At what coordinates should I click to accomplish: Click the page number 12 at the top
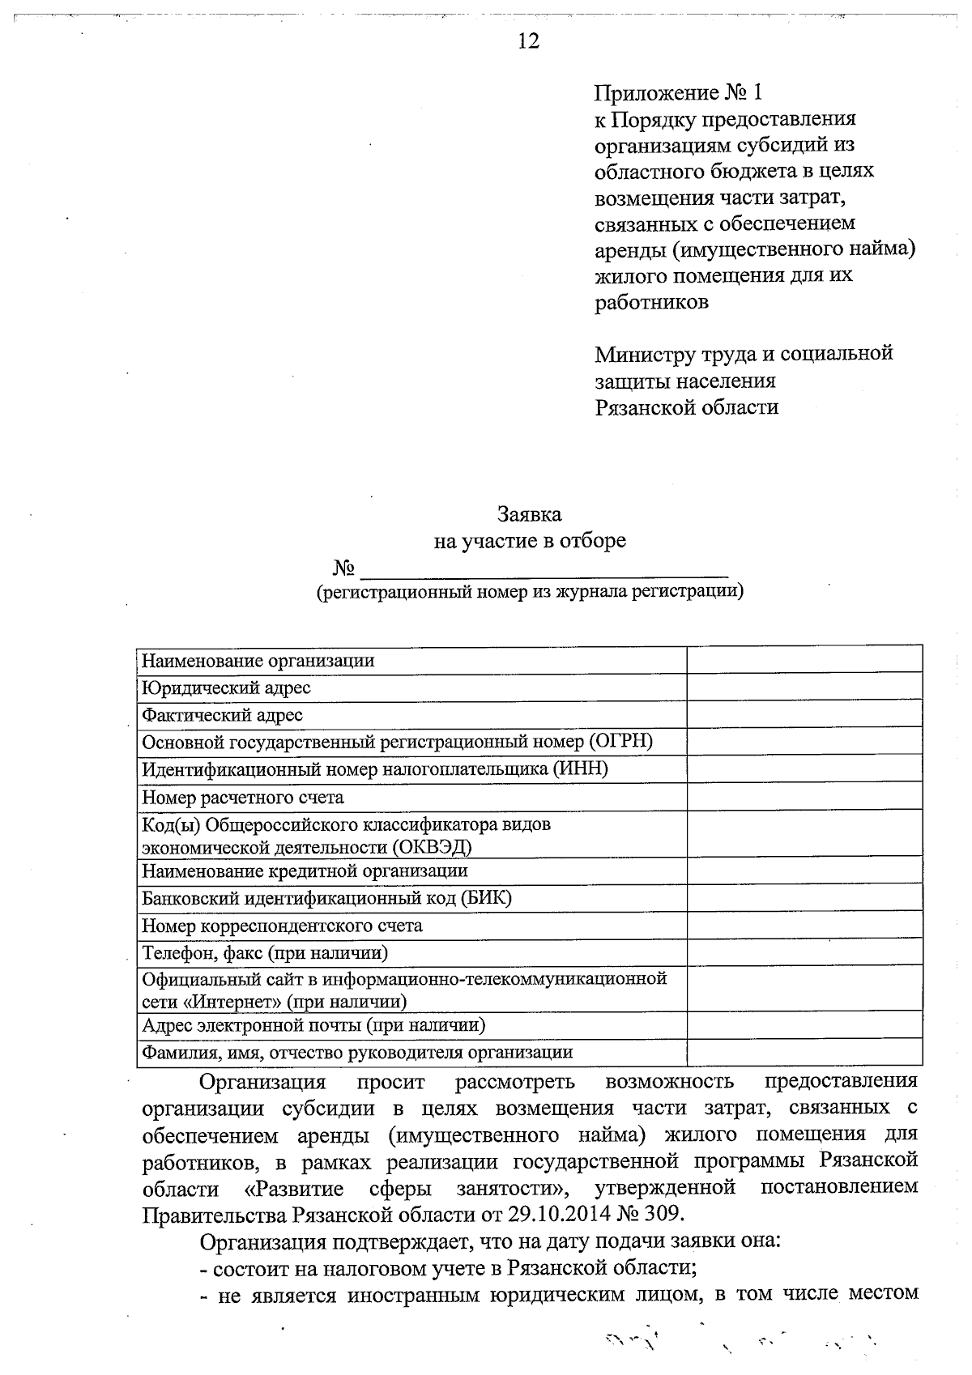click(x=528, y=41)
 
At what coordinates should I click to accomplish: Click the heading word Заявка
click(x=529, y=514)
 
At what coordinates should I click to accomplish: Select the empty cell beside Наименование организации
click(x=804, y=660)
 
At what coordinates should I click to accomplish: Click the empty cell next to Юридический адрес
click(x=804, y=687)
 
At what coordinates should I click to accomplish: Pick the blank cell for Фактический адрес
click(x=804, y=715)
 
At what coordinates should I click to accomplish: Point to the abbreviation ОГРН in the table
click(x=620, y=742)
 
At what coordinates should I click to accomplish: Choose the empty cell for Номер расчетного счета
click(x=804, y=797)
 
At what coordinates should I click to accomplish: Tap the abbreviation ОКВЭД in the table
click(x=433, y=848)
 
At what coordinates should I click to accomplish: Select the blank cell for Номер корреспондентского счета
click(x=804, y=925)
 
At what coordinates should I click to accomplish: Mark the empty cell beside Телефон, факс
click(x=804, y=952)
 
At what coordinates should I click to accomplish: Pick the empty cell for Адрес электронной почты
click(x=804, y=1025)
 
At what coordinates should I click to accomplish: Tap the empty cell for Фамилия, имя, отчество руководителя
click(x=804, y=1052)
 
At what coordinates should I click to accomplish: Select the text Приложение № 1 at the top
click(x=679, y=92)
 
